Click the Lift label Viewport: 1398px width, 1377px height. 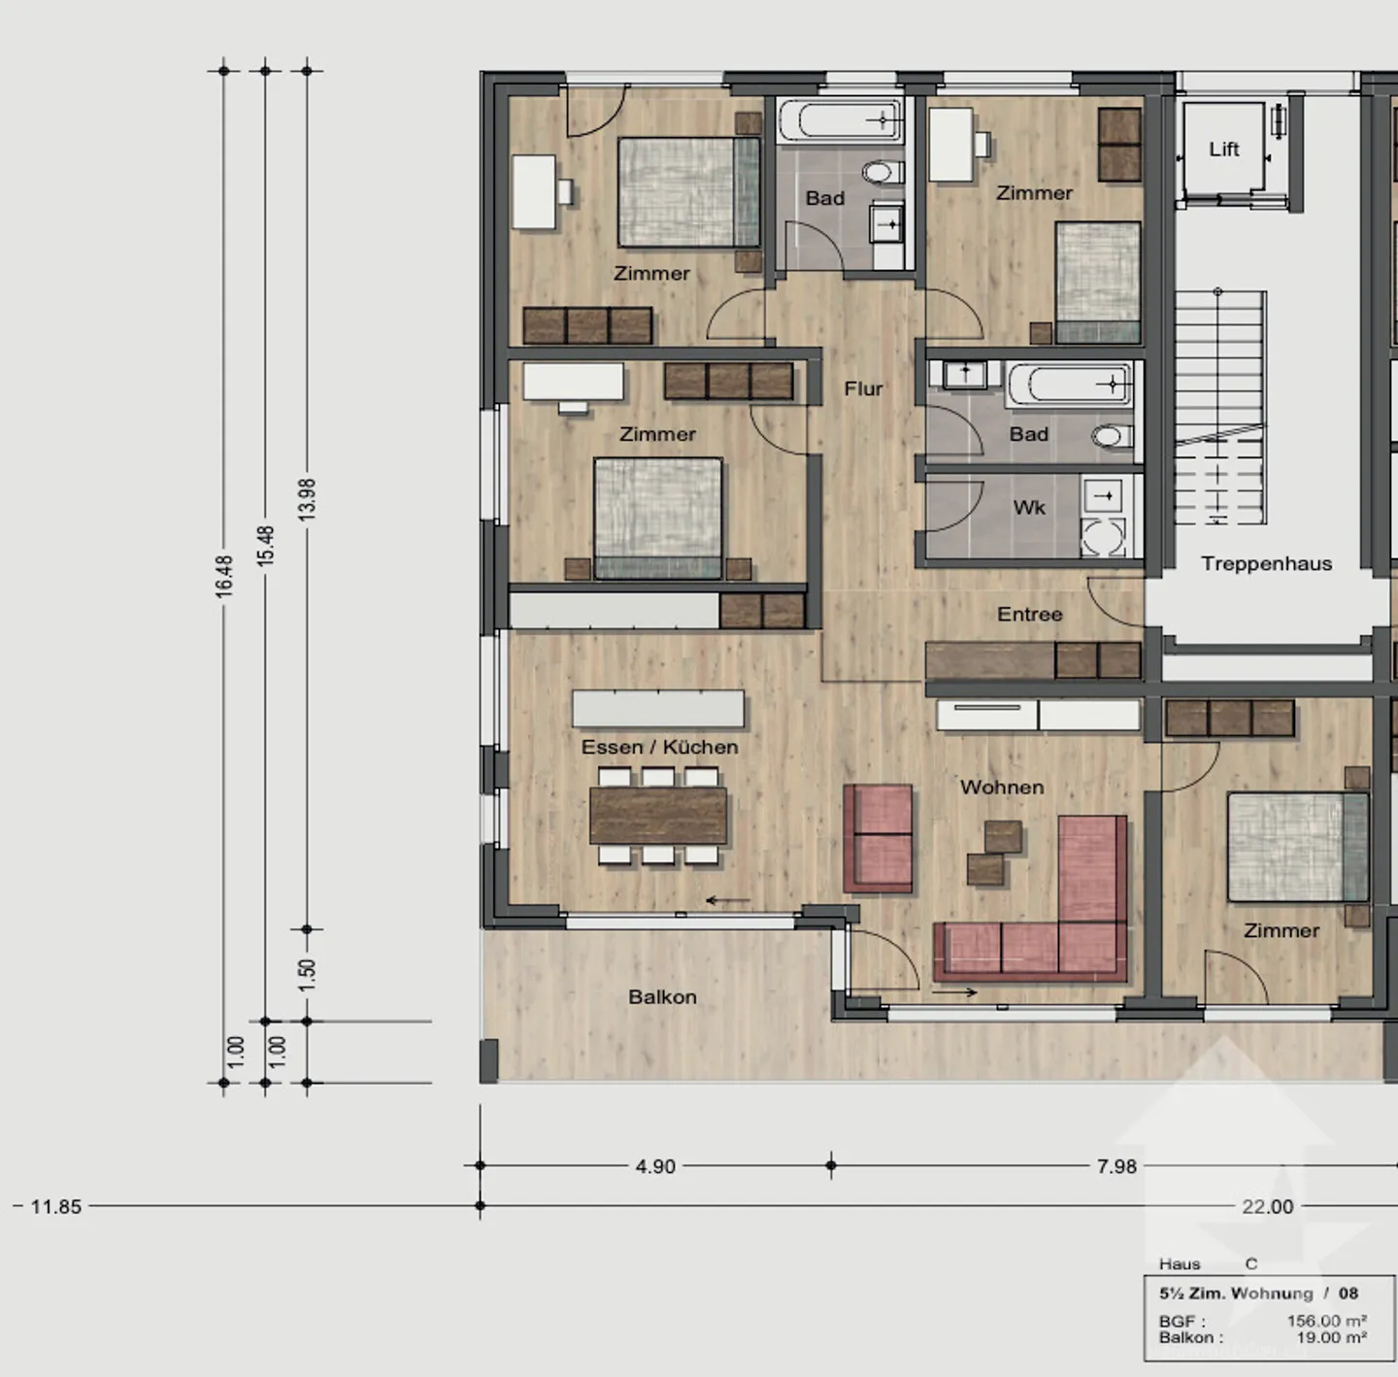click(x=1223, y=149)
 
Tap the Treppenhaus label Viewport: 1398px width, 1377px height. click(x=1266, y=563)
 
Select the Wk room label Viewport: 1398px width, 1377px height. click(x=1029, y=507)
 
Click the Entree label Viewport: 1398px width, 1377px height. click(x=1029, y=614)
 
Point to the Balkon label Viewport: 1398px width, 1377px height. click(x=662, y=996)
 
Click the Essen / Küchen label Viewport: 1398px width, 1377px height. click(x=659, y=747)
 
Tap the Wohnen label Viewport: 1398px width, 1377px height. click(x=1002, y=787)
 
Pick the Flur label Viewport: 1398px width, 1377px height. click(x=863, y=388)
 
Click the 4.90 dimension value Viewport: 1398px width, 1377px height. click(x=655, y=1165)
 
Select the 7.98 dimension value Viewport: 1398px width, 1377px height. click(x=1116, y=1165)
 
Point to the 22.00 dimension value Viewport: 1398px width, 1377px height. click(x=1268, y=1206)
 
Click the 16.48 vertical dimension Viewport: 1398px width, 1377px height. click(x=224, y=575)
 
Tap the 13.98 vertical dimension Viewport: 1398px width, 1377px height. click(x=307, y=499)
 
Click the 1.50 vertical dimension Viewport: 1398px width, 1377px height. click(x=307, y=974)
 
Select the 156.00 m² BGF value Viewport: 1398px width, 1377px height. click(x=1326, y=1321)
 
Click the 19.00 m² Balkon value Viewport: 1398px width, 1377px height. click(x=1331, y=1337)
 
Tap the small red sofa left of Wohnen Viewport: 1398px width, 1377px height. click(x=879, y=838)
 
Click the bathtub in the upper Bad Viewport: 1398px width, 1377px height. click(x=840, y=121)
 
